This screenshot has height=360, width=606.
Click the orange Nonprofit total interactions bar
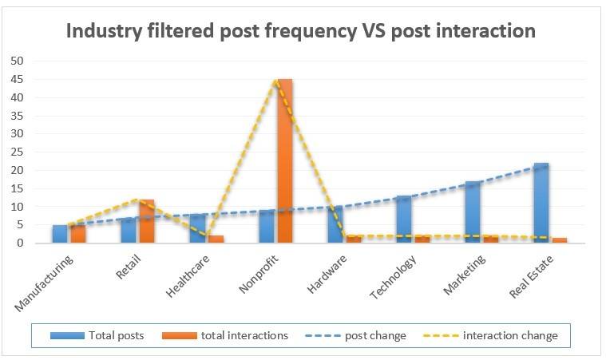click(x=285, y=161)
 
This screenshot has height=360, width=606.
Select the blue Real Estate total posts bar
click(x=541, y=204)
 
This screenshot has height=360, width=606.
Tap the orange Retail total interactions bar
click(x=147, y=221)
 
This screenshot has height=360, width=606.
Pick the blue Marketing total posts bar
click(x=473, y=212)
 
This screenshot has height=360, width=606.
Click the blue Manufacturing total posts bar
click(x=60, y=234)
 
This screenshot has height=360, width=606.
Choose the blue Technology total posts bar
click(x=404, y=220)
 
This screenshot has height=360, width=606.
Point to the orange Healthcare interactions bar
click(x=216, y=239)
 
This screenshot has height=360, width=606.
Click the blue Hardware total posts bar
click(x=335, y=225)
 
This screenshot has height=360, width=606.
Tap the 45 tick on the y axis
click(x=18, y=80)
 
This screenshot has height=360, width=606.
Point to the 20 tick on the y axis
click(x=18, y=170)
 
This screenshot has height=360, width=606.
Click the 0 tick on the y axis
click(x=20, y=243)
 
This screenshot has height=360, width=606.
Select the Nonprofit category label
click(x=259, y=274)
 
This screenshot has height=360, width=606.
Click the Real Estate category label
click(x=532, y=276)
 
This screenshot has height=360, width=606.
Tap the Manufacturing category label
click(x=44, y=283)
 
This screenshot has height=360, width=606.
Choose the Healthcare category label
click(x=188, y=276)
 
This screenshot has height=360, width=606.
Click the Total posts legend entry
click(x=97, y=335)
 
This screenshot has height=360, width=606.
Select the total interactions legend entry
click(x=225, y=335)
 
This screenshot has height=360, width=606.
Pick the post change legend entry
click(x=355, y=335)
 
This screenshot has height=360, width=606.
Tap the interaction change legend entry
click(x=491, y=335)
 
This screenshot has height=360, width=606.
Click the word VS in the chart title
click(x=374, y=31)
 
